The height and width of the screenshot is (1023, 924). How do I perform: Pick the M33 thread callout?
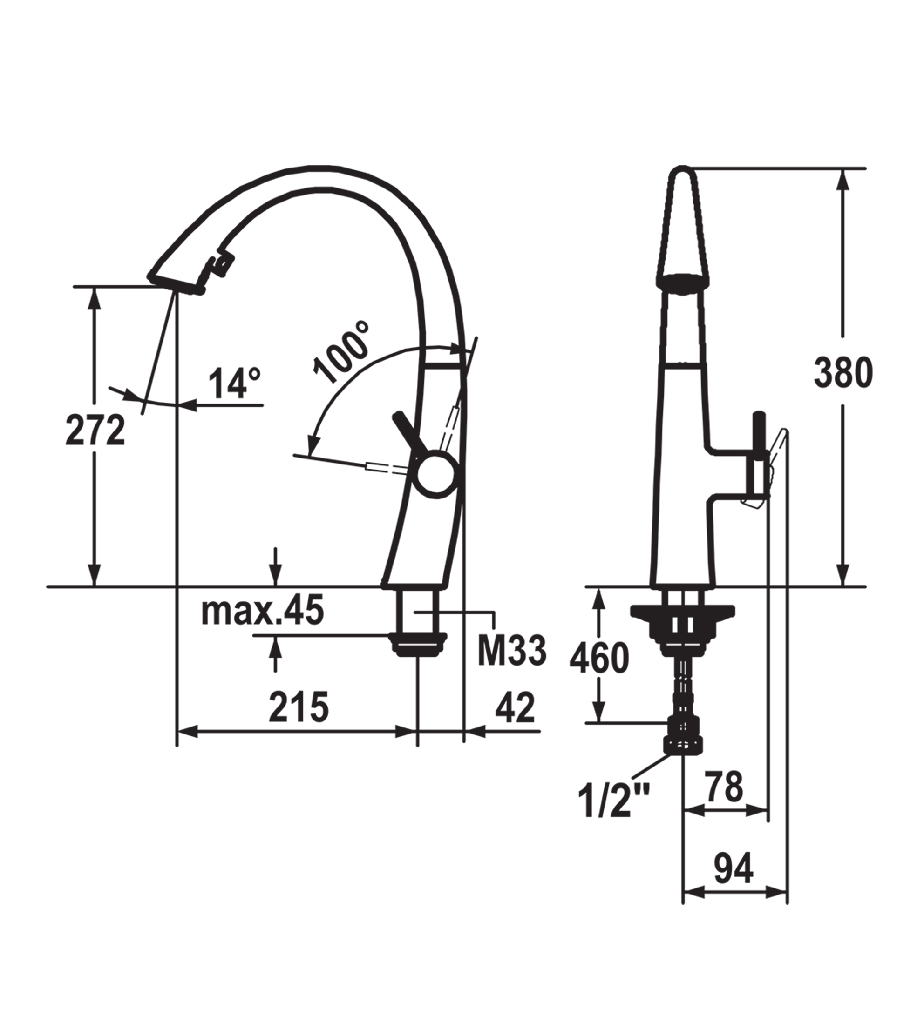point(512,651)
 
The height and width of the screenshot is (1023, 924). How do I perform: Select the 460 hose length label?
point(599,658)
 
